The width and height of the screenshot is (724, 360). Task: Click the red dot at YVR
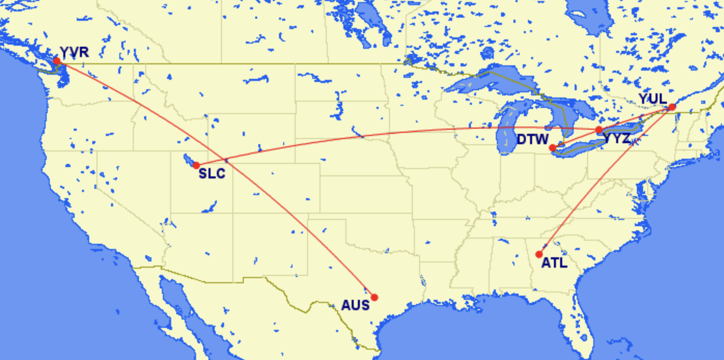[57, 61]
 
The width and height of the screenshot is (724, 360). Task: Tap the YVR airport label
[74, 52]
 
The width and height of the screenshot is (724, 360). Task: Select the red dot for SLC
[197, 165]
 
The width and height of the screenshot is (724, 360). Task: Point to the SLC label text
[212, 174]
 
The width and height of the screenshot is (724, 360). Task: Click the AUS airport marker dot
[374, 297]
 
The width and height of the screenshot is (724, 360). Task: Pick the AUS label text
[355, 305]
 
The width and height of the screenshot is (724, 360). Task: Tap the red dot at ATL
[539, 254]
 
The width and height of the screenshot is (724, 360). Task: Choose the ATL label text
[554, 264]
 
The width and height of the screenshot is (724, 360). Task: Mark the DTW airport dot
[553, 148]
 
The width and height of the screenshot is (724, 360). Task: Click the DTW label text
[533, 140]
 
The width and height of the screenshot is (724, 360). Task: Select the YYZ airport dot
[599, 130]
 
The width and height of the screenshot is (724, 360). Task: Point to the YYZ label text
[617, 139]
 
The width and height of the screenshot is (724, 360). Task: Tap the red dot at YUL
[672, 107]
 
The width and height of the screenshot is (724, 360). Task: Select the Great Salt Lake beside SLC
[189, 158]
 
